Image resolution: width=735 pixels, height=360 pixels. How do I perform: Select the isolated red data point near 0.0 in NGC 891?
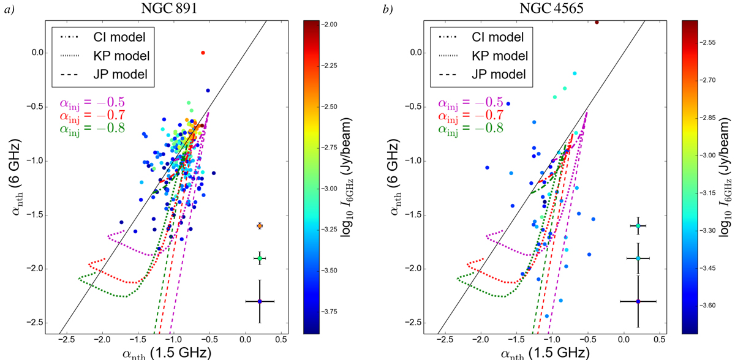(203, 53)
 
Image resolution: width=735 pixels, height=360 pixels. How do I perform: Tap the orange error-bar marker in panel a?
(260, 226)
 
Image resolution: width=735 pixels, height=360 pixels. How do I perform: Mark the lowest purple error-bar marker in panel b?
(638, 301)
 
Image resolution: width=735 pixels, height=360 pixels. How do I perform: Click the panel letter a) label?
(9, 9)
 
